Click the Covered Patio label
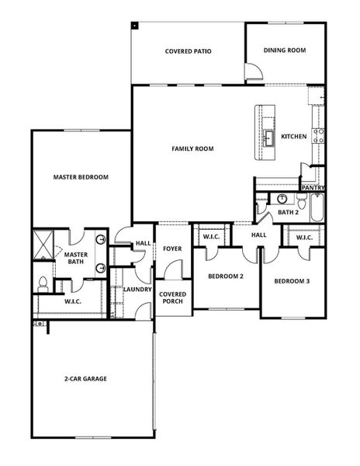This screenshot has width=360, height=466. [189, 52]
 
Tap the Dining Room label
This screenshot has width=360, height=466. [285, 50]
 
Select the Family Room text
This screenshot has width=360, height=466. [192, 148]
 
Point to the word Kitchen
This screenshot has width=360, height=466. [293, 137]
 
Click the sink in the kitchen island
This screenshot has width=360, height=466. [268, 138]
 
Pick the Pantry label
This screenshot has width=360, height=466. [313, 187]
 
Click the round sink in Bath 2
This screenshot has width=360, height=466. [282, 198]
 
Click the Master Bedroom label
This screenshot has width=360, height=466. [81, 177]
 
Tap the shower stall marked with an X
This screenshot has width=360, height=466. [44, 245]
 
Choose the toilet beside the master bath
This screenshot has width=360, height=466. [42, 284]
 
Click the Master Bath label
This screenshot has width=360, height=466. [76, 259]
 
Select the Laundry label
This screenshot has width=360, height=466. [137, 290]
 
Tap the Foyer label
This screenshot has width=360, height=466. [171, 249]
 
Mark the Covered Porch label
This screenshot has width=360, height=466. [171, 298]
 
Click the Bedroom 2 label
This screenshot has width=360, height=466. [226, 276]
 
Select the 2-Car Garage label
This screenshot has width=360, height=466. [85, 379]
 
